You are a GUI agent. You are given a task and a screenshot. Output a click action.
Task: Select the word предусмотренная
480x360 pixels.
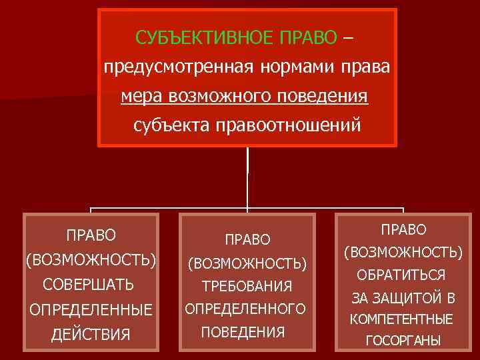pyautogui.click(x=166, y=67)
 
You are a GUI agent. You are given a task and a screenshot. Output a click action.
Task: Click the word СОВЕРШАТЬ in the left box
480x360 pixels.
pyautogui.click(x=88, y=285)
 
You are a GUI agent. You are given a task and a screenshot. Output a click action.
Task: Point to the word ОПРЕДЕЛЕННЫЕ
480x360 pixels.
pyautogui.click(x=91, y=310)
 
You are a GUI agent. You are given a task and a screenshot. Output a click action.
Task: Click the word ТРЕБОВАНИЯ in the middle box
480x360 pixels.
pyautogui.click(x=247, y=287)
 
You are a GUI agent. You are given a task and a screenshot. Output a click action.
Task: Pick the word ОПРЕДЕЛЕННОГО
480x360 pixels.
pyautogui.click(x=245, y=309)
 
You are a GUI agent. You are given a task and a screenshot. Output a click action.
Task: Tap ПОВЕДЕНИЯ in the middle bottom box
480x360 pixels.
pyautogui.click(x=243, y=331)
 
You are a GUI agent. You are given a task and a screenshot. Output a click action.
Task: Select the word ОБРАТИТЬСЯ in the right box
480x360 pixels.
pyautogui.click(x=401, y=275)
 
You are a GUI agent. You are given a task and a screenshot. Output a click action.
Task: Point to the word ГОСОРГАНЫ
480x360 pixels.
pyautogui.click(x=402, y=341)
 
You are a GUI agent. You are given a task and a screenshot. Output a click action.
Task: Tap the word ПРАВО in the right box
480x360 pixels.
pyautogui.click(x=403, y=229)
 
